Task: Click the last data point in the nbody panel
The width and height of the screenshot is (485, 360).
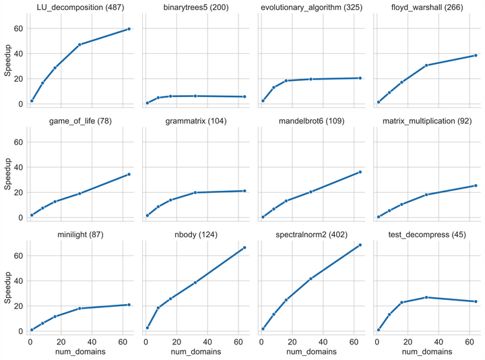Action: pos(245,247)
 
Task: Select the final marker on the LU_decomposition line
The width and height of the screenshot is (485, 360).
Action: pos(129,29)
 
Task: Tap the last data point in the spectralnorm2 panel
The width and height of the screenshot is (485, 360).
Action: pos(360,245)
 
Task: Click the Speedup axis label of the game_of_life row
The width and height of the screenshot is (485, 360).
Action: pos(7,179)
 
